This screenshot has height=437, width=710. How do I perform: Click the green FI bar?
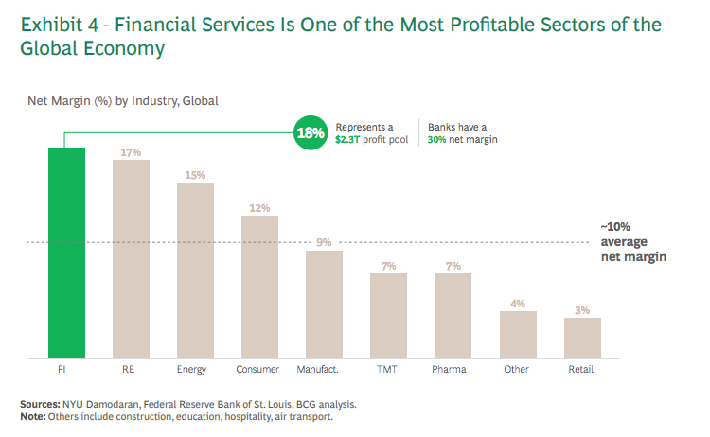(66, 253)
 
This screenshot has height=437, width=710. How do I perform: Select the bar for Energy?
(195, 270)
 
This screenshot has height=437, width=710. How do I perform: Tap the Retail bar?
(582, 338)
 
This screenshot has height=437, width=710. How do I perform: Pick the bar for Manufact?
(324, 304)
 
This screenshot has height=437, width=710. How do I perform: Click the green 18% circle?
(311, 132)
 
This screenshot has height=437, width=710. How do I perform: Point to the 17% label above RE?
(131, 151)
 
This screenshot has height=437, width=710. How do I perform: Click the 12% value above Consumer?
(259, 208)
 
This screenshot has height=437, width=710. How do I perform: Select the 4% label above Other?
(518, 304)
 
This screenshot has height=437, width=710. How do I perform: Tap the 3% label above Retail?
(582, 310)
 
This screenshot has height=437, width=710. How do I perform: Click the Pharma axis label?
(453, 369)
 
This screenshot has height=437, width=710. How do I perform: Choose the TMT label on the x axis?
(388, 369)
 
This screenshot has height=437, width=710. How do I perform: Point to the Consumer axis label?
(259, 369)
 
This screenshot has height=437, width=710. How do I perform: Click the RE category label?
(131, 369)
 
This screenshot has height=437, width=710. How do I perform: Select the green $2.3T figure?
(350, 139)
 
